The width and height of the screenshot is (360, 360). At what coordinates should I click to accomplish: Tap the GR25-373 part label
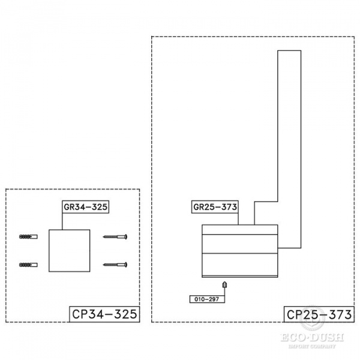click(215, 208)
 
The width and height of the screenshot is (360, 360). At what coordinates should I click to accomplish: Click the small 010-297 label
click(206, 298)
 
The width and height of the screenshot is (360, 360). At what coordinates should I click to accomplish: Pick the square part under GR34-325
click(69, 250)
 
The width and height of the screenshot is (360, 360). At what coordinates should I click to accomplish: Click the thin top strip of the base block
click(240, 229)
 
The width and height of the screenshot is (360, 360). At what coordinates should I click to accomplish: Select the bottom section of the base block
click(240, 265)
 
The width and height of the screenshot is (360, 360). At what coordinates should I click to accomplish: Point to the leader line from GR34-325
click(62, 221)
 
